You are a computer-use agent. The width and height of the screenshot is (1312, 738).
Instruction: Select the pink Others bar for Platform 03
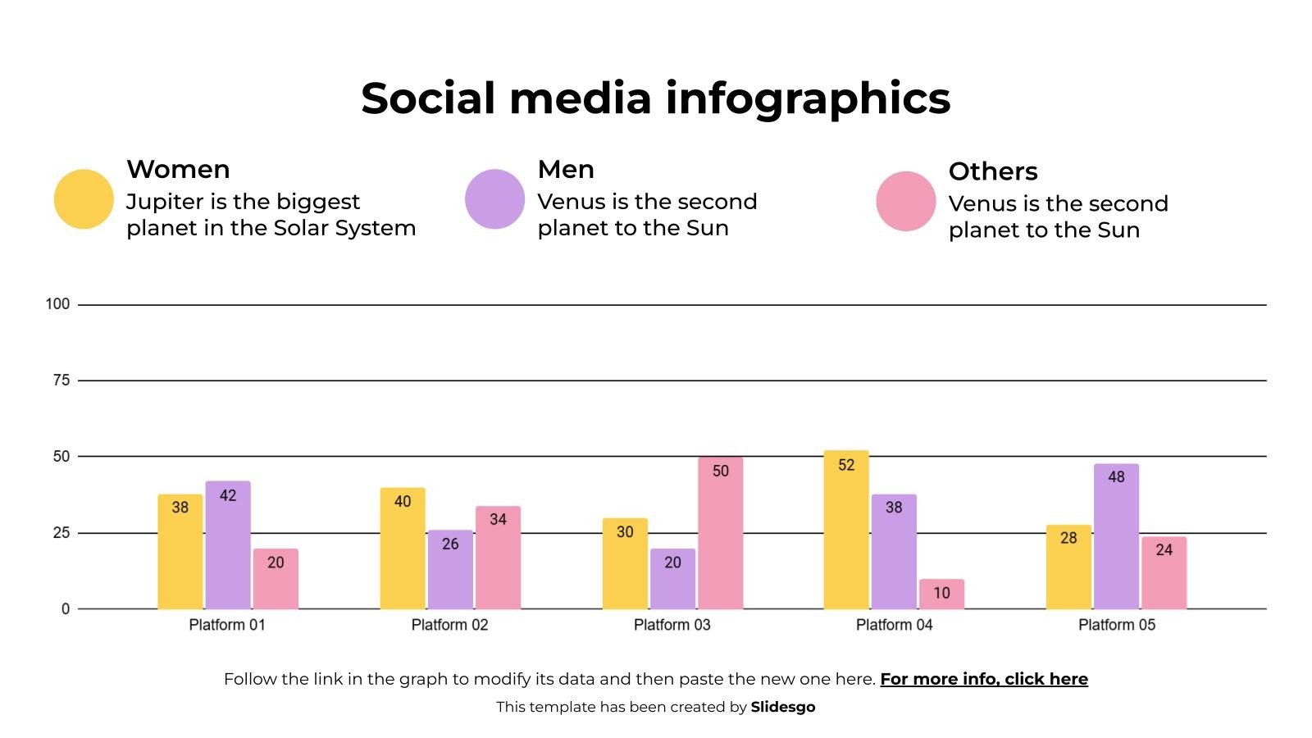coord(720,534)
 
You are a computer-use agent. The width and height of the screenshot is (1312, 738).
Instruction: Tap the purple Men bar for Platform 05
coord(1116,537)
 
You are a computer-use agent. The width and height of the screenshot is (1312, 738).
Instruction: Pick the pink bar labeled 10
coord(941,594)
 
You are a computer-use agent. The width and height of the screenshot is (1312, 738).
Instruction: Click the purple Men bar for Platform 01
coord(228,545)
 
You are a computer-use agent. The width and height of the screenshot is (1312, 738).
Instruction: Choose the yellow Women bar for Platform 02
coord(403,549)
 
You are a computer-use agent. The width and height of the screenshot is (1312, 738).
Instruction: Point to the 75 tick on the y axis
coord(61,380)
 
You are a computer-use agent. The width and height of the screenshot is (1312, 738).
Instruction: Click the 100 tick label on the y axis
coord(57,304)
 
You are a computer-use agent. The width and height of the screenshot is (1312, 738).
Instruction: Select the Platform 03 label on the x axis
coord(672,625)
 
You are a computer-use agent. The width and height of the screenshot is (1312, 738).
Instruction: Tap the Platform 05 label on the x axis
coord(1116,625)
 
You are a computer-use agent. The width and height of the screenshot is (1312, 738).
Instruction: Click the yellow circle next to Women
coord(84,199)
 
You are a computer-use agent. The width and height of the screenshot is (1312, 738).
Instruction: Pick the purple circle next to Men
coord(494,199)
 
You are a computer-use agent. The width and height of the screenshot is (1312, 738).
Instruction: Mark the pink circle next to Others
coord(906,201)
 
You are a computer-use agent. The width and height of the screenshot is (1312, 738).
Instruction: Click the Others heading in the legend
coord(993,171)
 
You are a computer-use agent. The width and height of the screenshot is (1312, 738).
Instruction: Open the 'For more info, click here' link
coord(984,679)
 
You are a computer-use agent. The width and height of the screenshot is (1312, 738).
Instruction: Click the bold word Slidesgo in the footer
coord(783,707)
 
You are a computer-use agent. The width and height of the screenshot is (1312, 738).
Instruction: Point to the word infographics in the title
coord(808,98)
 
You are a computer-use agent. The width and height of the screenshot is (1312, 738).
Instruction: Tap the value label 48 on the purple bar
coord(1116,477)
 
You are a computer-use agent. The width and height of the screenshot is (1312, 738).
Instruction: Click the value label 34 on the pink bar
coord(498,519)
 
